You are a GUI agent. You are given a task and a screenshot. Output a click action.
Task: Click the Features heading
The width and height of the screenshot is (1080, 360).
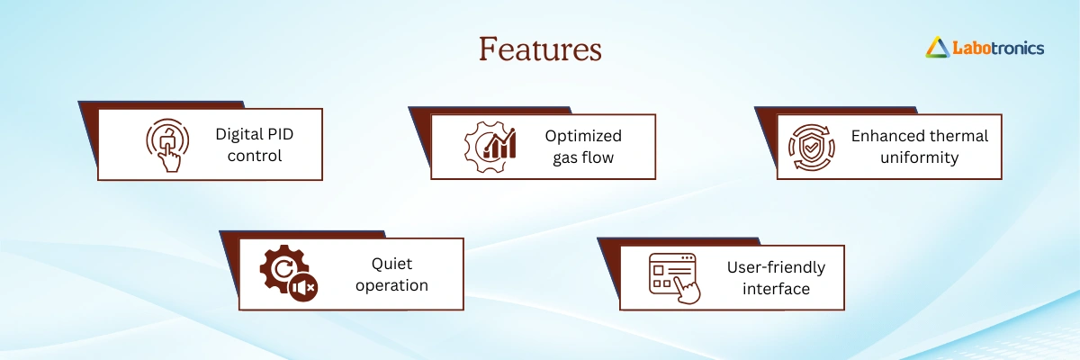tap(540, 49)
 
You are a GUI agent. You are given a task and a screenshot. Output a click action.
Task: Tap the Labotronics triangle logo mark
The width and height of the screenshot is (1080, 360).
tap(937, 47)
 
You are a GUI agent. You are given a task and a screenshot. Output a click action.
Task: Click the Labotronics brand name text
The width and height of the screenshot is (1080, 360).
tap(998, 49)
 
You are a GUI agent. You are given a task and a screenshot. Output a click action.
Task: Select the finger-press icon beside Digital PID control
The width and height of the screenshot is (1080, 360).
tap(167, 145)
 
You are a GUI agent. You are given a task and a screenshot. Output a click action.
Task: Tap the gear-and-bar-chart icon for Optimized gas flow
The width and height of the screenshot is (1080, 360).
tap(490, 147)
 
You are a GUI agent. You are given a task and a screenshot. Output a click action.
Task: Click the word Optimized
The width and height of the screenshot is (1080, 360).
tap(583, 137)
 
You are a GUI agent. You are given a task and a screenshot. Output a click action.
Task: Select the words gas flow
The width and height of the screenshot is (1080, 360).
tap(583, 157)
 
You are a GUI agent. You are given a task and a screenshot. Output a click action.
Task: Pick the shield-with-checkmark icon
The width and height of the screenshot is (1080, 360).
tap(812, 148)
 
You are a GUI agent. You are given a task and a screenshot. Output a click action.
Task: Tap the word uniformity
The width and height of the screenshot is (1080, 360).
tap(920, 157)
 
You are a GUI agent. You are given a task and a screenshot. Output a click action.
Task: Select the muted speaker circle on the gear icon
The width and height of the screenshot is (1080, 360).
tap(303, 288)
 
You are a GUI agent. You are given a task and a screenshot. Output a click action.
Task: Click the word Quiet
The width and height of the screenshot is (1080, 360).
tap(391, 264)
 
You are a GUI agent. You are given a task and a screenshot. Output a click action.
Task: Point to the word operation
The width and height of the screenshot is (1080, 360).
tap(391, 285)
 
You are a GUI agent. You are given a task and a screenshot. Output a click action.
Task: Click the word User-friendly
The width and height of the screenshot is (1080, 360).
tap(776, 267)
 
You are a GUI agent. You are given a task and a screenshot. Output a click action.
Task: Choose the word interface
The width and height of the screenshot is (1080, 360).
tap(776, 289)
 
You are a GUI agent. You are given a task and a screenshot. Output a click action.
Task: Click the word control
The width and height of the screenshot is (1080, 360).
tap(255, 156)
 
